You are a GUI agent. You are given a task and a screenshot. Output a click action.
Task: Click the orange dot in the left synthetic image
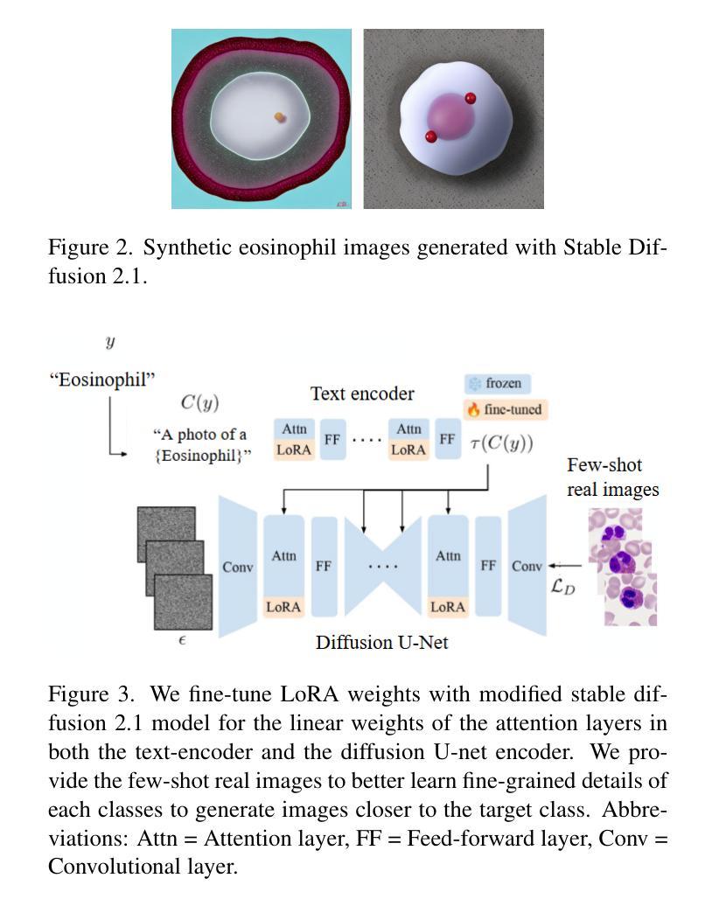pos(280,117)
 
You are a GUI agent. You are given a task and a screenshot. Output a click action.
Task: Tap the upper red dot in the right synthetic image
pos(471,98)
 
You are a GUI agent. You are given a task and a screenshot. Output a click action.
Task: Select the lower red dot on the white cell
pos(430,136)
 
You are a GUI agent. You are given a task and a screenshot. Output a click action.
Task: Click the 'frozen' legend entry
pos(497,384)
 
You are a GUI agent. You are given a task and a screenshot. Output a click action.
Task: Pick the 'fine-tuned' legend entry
pos(506,409)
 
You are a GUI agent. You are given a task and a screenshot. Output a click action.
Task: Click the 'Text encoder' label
pos(362,394)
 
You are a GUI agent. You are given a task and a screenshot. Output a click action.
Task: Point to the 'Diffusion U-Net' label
pos(381,643)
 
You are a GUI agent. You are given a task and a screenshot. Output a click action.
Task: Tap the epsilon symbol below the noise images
pos(182,640)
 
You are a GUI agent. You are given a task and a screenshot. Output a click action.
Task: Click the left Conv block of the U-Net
pos(238,567)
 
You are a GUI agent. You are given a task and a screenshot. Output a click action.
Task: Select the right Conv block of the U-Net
pos(527,566)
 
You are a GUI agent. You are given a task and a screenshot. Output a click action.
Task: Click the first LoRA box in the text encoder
pos(294,450)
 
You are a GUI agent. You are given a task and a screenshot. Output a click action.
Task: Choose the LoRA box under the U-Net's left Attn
pos(283,607)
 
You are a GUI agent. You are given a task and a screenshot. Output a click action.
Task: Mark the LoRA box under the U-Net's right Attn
pos(448,607)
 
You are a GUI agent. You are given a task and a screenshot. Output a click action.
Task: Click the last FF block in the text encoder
pos(447,439)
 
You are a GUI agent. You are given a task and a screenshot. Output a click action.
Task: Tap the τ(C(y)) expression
pos(502,443)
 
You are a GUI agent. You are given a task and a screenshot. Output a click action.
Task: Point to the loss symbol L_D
pos(563,587)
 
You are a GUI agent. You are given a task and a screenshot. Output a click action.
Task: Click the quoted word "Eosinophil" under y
pos(102,380)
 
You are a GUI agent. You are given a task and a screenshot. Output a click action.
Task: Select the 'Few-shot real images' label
pos(612,477)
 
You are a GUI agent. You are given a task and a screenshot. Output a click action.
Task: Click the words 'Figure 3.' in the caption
pos(91,694)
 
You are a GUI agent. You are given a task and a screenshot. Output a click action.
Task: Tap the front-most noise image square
pos(183,602)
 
